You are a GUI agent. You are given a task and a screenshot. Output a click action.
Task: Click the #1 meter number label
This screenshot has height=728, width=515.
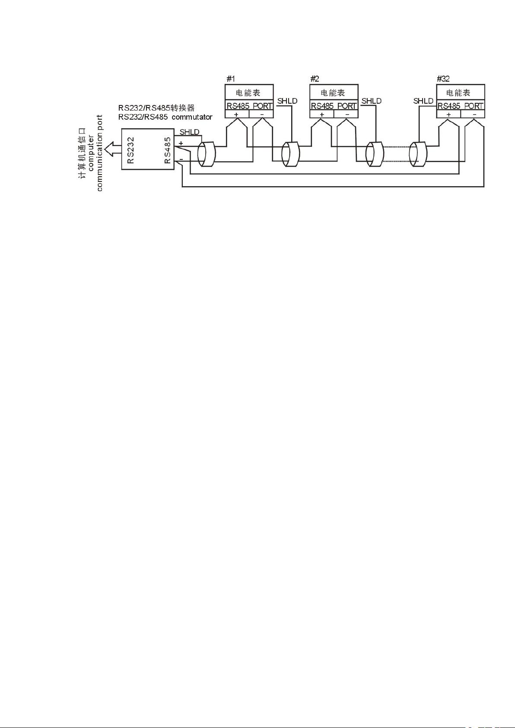[230, 79]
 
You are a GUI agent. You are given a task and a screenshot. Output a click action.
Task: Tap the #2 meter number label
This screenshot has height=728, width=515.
[315, 79]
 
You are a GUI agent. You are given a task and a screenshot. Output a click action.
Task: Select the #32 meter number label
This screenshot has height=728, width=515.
[443, 79]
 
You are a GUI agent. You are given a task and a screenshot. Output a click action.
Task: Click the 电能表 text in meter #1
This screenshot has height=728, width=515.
[248, 93]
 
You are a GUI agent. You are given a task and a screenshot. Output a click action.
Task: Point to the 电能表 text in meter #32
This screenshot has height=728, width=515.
[458, 93]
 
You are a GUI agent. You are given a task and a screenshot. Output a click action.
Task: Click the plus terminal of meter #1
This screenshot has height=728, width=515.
[236, 114]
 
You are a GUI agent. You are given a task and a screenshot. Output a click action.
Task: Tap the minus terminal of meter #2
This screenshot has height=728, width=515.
[347, 114]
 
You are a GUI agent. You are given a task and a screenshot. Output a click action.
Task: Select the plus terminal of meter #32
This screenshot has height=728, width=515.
[449, 114]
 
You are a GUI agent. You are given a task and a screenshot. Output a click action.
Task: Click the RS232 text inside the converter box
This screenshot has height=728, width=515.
[130, 150]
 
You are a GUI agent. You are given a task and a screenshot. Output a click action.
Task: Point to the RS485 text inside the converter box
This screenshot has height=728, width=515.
[168, 150]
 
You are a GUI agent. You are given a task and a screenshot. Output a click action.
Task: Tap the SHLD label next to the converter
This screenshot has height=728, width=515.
[189, 132]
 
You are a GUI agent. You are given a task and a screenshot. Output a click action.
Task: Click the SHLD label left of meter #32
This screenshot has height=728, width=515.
[423, 101]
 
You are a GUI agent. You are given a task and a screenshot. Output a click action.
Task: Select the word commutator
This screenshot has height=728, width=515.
[192, 117]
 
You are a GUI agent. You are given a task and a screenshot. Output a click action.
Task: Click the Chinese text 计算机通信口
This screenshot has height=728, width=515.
[82, 153]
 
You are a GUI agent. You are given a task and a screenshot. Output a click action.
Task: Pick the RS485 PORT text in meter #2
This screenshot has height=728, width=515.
[334, 106]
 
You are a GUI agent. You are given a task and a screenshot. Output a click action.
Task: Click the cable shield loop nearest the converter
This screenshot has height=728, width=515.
[207, 154]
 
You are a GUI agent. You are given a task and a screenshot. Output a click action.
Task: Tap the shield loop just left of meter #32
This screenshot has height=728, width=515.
[418, 154]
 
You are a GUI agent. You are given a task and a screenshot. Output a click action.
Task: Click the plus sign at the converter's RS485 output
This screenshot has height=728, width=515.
[181, 143]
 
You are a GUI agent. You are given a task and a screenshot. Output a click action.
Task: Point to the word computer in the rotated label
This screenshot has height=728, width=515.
[91, 153]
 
